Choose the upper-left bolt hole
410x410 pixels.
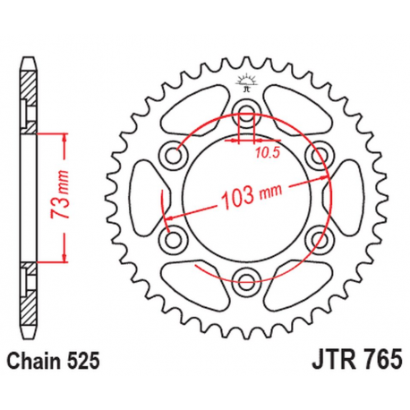coord(174,156)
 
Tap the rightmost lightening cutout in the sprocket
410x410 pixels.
coord(342,196)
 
